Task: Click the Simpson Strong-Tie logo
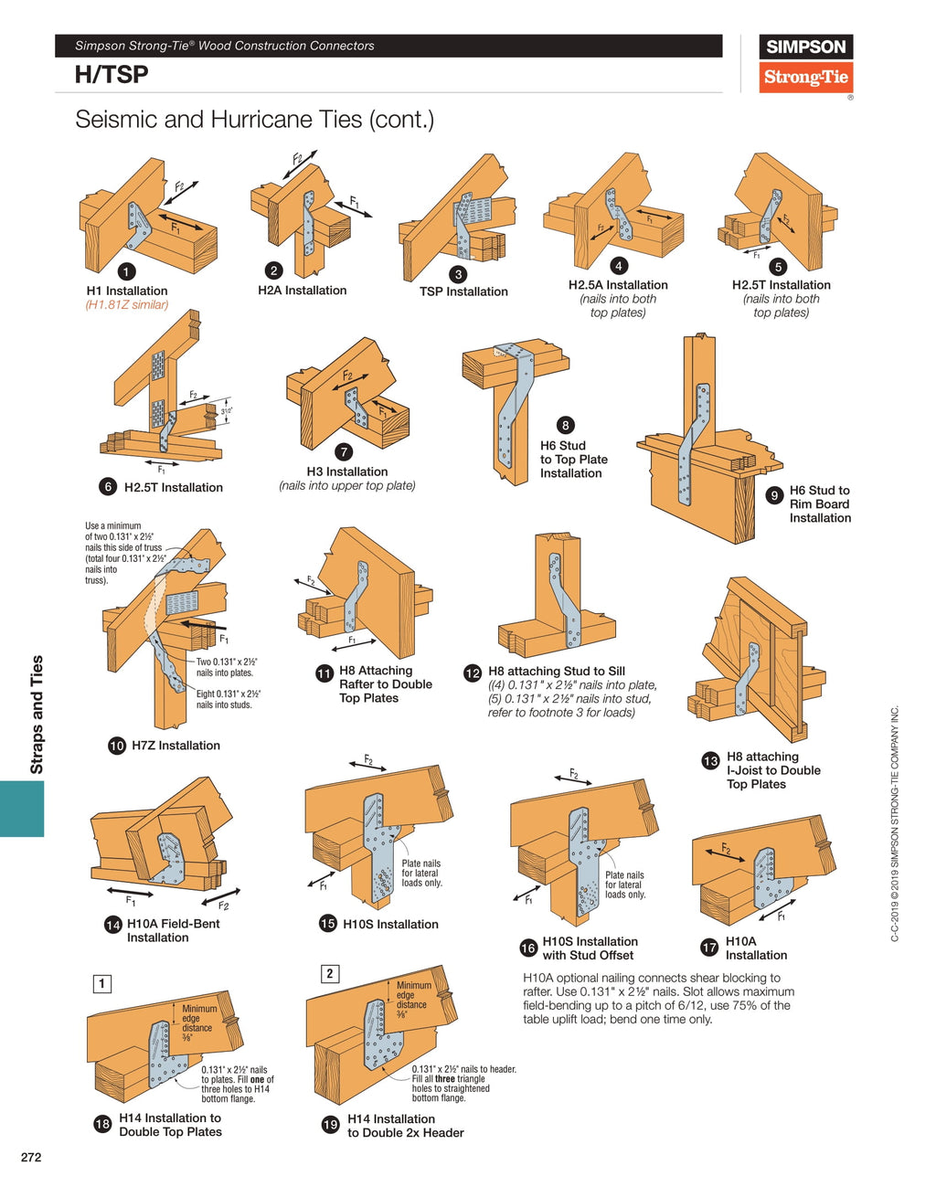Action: [x=805, y=63]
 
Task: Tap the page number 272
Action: [x=31, y=1157]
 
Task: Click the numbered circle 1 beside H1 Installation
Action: [x=127, y=271]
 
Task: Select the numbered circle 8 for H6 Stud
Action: [x=565, y=425]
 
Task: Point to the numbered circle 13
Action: [x=710, y=761]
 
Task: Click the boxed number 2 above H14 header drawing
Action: [x=330, y=973]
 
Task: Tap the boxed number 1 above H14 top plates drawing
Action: [x=102, y=984]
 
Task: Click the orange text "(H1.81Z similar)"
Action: [x=127, y=304]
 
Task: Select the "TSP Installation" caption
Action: [x=463, y=291]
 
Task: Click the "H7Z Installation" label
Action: [x=175, y=746]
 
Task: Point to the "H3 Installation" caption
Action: [x=347, y=471]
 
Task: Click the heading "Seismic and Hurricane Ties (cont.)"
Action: [x=254, y=119]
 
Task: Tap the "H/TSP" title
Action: [x=112, y=75]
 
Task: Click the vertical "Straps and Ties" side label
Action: [x=37, y=715]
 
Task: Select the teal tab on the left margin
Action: [x=22, y=809]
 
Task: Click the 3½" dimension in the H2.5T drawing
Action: [x=227, y=411]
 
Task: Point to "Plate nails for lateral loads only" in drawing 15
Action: [x=420, y=874]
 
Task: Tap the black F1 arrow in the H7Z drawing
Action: [x=203, y=625]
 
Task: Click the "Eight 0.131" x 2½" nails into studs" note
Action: [x=229, y=699]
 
